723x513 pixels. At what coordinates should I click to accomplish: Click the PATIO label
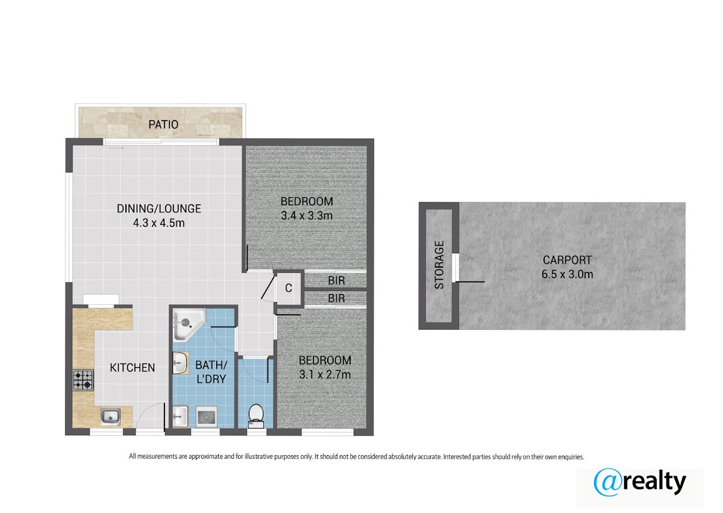tap(163, 125)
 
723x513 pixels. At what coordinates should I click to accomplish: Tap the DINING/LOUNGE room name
tap(159, 209)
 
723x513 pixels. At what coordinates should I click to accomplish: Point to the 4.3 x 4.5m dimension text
tap(159, 223)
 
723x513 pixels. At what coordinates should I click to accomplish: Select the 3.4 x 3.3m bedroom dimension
tap(307, 216)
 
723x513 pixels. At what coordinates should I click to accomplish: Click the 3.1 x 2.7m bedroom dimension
tap(325, 374)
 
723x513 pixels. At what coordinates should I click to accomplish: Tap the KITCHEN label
tap(133, 368)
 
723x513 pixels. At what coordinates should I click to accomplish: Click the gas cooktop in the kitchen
tap(83, 380)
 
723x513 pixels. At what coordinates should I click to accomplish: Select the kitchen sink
tap(110, 417)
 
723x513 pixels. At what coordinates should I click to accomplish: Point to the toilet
tap(256, 416)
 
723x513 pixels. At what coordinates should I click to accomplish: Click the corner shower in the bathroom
tap(187, 324)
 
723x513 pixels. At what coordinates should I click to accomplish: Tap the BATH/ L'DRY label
tap(211, 372)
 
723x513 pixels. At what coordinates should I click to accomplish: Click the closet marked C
tap(289, 288)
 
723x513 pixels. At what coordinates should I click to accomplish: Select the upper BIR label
tap(336, 280)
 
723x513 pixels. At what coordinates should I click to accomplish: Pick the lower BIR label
tap(336, 298)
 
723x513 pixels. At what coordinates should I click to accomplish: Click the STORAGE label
tap(439, 265)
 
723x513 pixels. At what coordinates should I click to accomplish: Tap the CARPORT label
tap(567, 260)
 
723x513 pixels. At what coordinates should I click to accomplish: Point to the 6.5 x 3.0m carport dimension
tap(567, 274)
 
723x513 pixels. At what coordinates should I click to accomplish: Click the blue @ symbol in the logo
tap(608, 482)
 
